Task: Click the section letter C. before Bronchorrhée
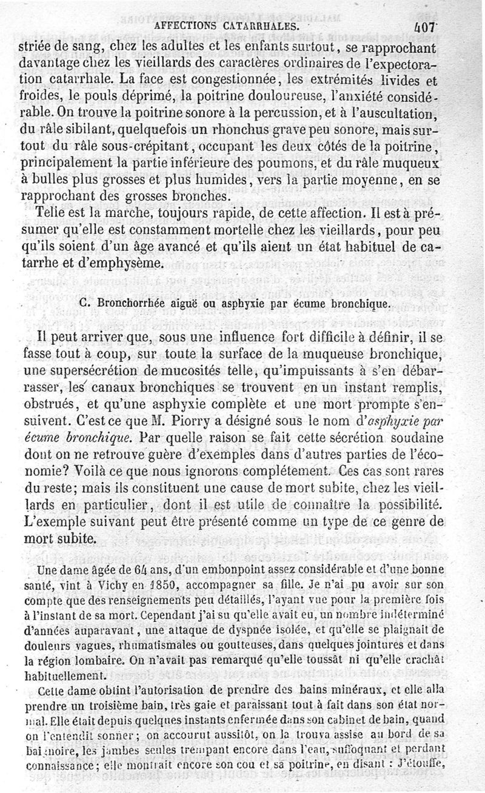point(85,304)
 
